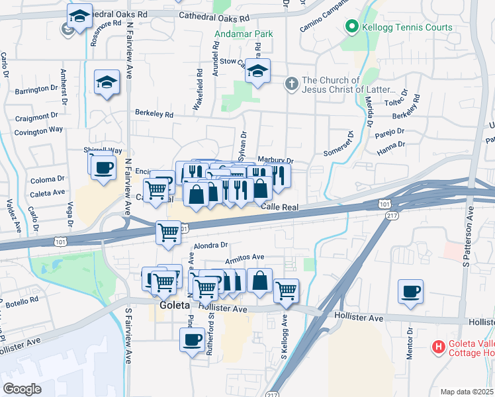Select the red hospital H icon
point(437,346)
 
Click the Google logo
point(22,389)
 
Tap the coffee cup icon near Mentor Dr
point(410,290)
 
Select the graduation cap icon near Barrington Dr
point(106,82)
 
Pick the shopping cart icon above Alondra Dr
point(169,232)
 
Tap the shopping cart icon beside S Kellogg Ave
point(286,290)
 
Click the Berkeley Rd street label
point(154,114)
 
